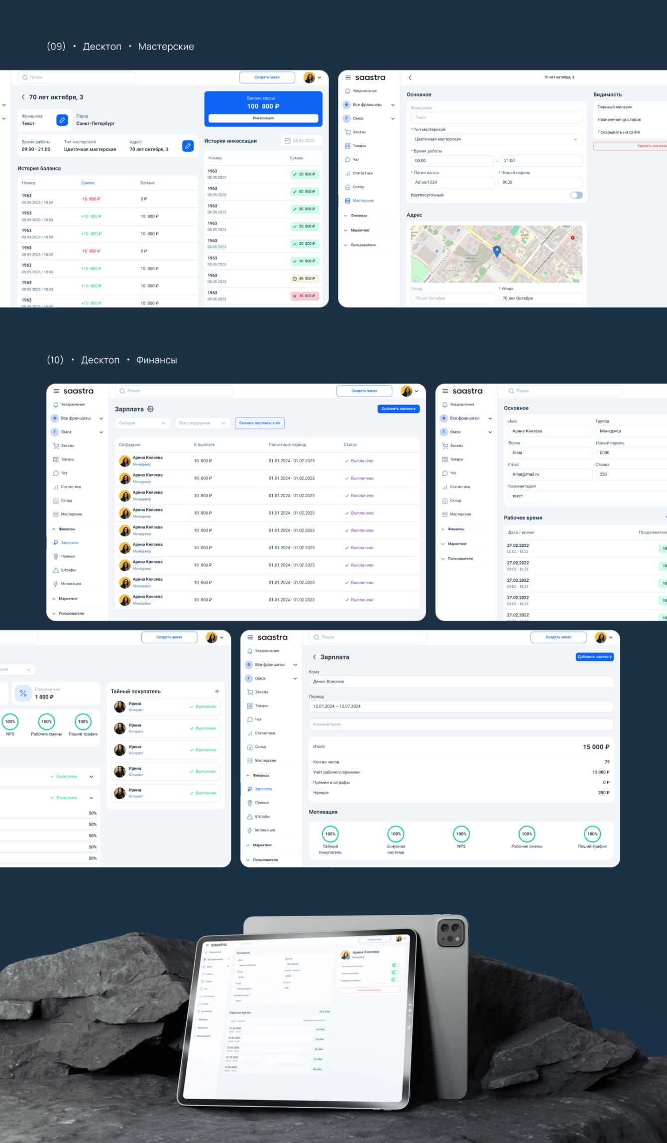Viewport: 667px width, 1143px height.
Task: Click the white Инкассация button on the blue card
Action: coord(263,118)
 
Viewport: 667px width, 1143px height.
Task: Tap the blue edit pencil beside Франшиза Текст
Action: coord(62,120)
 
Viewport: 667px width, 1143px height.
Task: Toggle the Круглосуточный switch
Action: coord(576,195)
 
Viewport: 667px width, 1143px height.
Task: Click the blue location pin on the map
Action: coord(496,251)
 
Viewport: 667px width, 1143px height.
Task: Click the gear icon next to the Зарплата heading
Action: coord(150,409)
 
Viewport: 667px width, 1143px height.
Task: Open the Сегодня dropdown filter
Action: coord(142,423)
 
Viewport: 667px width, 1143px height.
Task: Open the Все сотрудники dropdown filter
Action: coord(203,423)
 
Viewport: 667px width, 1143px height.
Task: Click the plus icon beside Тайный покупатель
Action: coord(217,691)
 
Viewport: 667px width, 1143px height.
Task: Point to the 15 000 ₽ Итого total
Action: coord(596,747)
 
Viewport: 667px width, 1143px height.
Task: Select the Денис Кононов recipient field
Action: coord(461,682)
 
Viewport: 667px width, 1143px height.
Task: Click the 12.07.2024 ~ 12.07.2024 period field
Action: coord(461,706)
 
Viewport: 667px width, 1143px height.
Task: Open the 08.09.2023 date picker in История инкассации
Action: coord(301,141)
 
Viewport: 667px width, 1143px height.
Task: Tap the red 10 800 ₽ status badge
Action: coord(304,296)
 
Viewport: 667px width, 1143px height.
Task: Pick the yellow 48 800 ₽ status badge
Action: coord(304,279)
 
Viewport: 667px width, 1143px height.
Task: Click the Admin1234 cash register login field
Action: coord(452,183)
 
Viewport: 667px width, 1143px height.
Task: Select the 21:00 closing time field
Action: coord(541,161)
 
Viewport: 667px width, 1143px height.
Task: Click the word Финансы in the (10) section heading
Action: coord(156,360)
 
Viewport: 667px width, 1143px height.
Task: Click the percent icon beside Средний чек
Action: coord(23,693)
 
